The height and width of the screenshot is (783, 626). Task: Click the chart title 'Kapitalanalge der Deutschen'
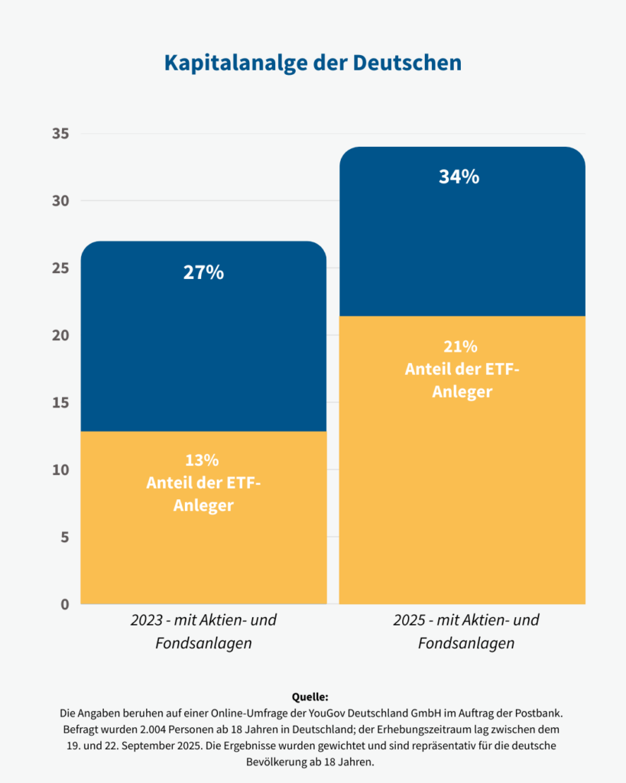[313, 62]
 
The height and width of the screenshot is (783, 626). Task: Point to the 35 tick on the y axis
[60, 134]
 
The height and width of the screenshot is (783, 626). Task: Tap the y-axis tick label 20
[60, 335]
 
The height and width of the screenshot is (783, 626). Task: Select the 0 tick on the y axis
[64, 604]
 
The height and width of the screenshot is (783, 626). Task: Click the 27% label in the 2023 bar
[203, 272]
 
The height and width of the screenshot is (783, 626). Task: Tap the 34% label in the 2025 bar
[459, 177]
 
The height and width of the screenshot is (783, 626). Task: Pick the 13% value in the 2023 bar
[203, 460]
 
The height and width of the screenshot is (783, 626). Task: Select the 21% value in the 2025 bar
[462, 346]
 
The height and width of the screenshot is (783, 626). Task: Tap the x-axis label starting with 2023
[203, 631]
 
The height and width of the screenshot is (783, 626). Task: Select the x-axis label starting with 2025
[466, 631]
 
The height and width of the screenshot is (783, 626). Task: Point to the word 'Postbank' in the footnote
[538, 713]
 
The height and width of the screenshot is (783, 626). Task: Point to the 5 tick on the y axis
[64, 537]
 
